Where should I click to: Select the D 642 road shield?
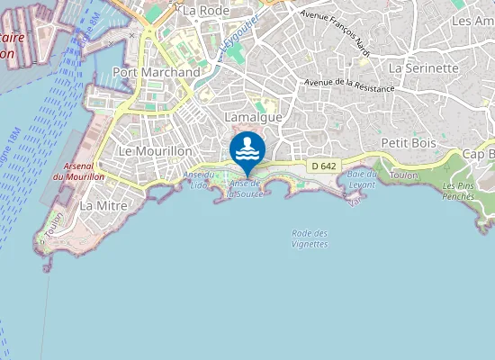(323, 166)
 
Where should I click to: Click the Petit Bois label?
(408, 142)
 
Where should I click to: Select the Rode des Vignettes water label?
(310, 238)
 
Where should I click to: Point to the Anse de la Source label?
(244, 188)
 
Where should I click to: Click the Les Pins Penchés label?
(459, 191)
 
